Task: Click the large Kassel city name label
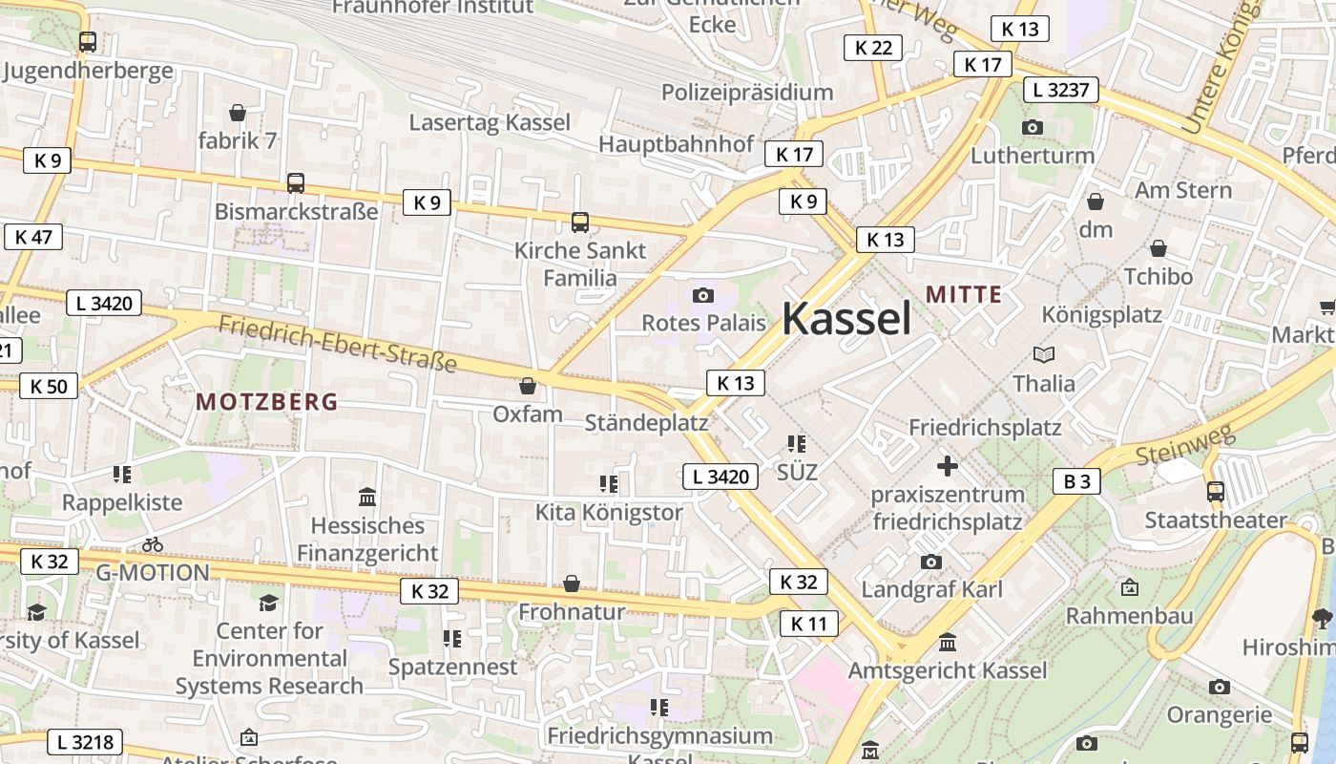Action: coord(846,318)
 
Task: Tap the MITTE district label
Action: coord(964,294)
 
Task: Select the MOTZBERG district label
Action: coord(267,402)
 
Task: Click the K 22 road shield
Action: coord(872,48)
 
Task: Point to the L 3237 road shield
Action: coord(1061,91)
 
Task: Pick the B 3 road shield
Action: coord(1076,481)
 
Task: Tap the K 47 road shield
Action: coord(33,237)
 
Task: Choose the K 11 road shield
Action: coord(808,625)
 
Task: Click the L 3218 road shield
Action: coord(85,742)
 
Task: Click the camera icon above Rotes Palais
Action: coord(703,295)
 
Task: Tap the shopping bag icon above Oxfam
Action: coord(527,386)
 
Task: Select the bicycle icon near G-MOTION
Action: coord(153,544)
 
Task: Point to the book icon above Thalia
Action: coord(1044,355)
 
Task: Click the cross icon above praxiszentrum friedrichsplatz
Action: coord(947,466)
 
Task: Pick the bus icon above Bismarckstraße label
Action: coord(296,183)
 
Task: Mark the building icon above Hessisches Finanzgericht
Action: coord(366,497)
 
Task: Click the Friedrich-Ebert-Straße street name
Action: coord(338,343)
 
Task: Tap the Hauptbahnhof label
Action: coord(676,143)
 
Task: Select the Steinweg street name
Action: coord(1185,444)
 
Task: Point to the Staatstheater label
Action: coord(1216,520)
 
